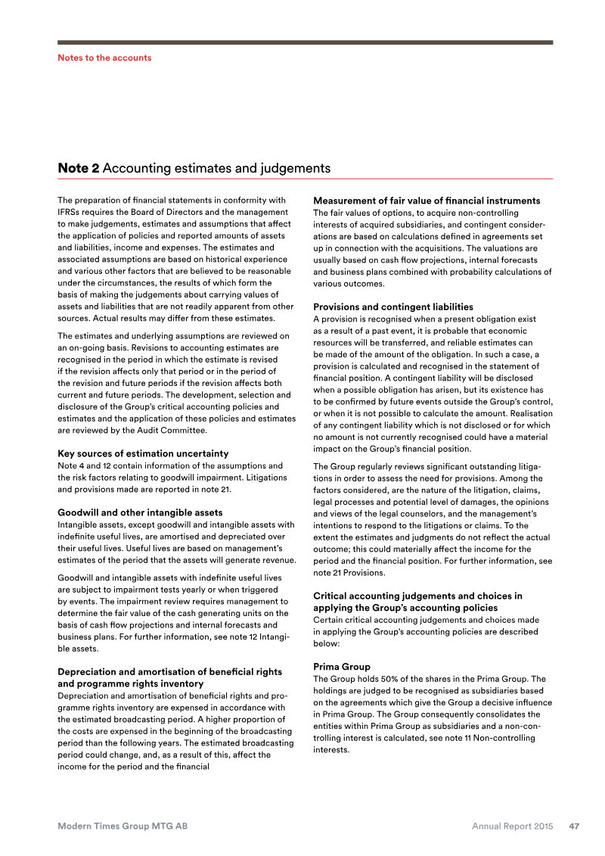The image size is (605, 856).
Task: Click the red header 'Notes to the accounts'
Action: (x=104, y=58)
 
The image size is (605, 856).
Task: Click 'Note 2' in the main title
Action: (x=79, y=168)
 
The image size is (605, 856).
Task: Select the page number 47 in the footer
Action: (x=574, y=826)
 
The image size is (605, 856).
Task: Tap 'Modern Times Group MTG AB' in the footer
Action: (x=123, y=826)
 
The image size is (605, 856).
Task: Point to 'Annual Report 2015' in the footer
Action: (x=513, y=826)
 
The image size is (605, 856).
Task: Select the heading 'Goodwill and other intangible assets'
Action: (x=139, y=512)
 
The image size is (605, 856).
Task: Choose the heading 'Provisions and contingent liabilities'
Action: (x=393, y=307)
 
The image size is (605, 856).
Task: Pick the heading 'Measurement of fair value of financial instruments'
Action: (x=427, y=201)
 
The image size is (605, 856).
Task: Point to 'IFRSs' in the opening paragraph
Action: (x=70, y=212)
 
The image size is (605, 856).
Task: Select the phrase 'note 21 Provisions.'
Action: (x=352, y=572)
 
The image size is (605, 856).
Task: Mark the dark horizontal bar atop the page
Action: (x=305, y=42)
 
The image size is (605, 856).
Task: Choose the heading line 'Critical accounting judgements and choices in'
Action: (x=417, y=596)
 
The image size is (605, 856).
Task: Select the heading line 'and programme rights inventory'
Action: (x=131, y=683)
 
